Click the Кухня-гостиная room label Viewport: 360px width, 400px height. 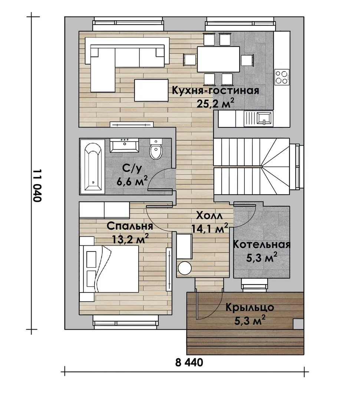(x=215, y=91)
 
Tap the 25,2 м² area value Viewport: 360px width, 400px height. (x=215, y=103)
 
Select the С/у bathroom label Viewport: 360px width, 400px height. (x=132, y=169)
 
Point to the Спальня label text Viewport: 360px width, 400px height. (x=130, y=226)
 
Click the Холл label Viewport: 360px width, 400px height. (x=209, y=216)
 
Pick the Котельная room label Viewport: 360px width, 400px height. (x=262, y=244)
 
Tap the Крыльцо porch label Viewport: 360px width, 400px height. (x=250, y=307)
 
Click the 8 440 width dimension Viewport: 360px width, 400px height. (x=189, y=362)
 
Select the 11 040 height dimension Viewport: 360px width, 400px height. (x=37, y=186)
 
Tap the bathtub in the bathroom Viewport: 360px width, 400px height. (x=92, y=167)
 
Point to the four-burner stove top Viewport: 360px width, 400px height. (x=282, y=77)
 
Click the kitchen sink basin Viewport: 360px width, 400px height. (x=264, y=119)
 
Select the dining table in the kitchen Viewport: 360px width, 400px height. (x=218, y=59)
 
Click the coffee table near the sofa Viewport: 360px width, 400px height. (x=151, y=90)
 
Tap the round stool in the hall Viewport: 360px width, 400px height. (x=185, y=268)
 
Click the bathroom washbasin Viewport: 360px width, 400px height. (x=124, y=146)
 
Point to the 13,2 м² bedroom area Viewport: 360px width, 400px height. (x=130, y=239)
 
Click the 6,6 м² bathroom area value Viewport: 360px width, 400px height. (x=132, y=181)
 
